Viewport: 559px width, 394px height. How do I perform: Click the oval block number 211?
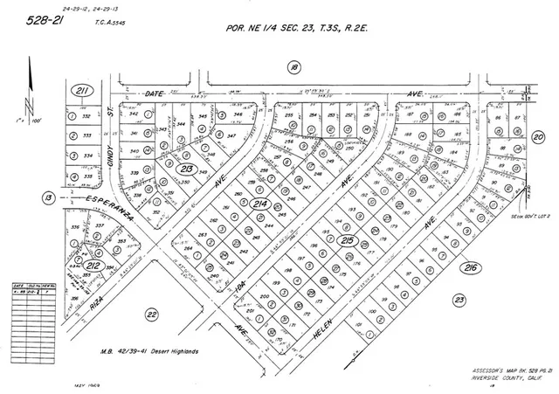click(x=81, y=90)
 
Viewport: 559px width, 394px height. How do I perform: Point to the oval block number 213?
click(x=186, y=144)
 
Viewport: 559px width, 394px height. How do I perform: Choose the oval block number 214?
click(x=259, y=204)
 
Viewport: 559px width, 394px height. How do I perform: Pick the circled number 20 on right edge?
click(x=538, y=137)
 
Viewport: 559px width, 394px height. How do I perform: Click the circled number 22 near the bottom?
click(x=151, y=314)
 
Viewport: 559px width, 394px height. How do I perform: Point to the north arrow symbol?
click(x=31, y=87)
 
